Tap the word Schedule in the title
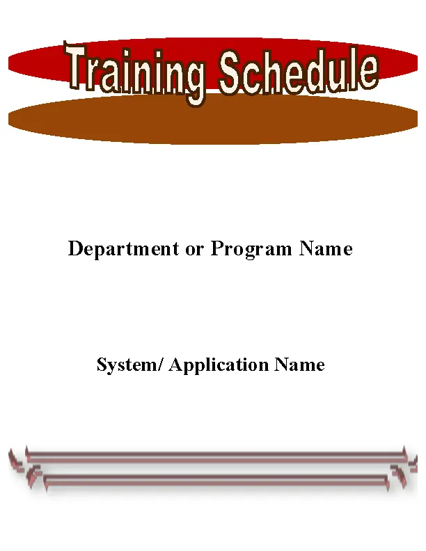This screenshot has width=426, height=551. [x=298, y=72]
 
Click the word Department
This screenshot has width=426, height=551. [x=123, y=249]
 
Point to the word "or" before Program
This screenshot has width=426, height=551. [x=194, y=249]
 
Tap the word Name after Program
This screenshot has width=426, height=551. [x=326, y=249]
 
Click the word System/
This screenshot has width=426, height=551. [x=130, y=365]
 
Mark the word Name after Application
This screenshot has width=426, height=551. [x=299, y=365]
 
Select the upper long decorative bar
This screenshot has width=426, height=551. [x=216, y=456]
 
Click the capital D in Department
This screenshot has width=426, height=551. [x=75, y=249]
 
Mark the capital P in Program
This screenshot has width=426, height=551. [x=216, y=249]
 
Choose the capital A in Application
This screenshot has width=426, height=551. [x=175, y=365]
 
